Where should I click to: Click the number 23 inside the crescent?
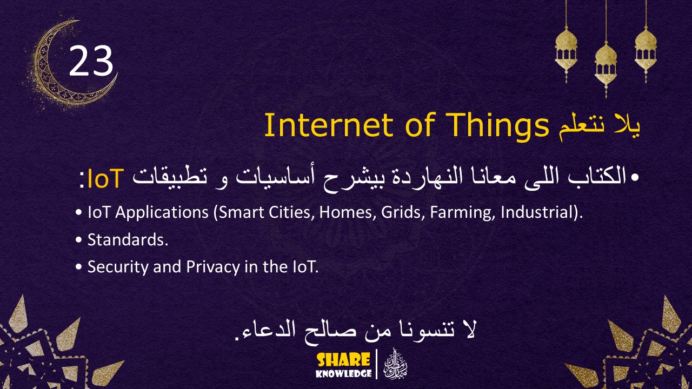91,61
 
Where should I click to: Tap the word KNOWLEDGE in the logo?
344,373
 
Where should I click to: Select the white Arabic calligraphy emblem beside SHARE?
395,365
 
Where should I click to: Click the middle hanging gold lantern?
605,62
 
